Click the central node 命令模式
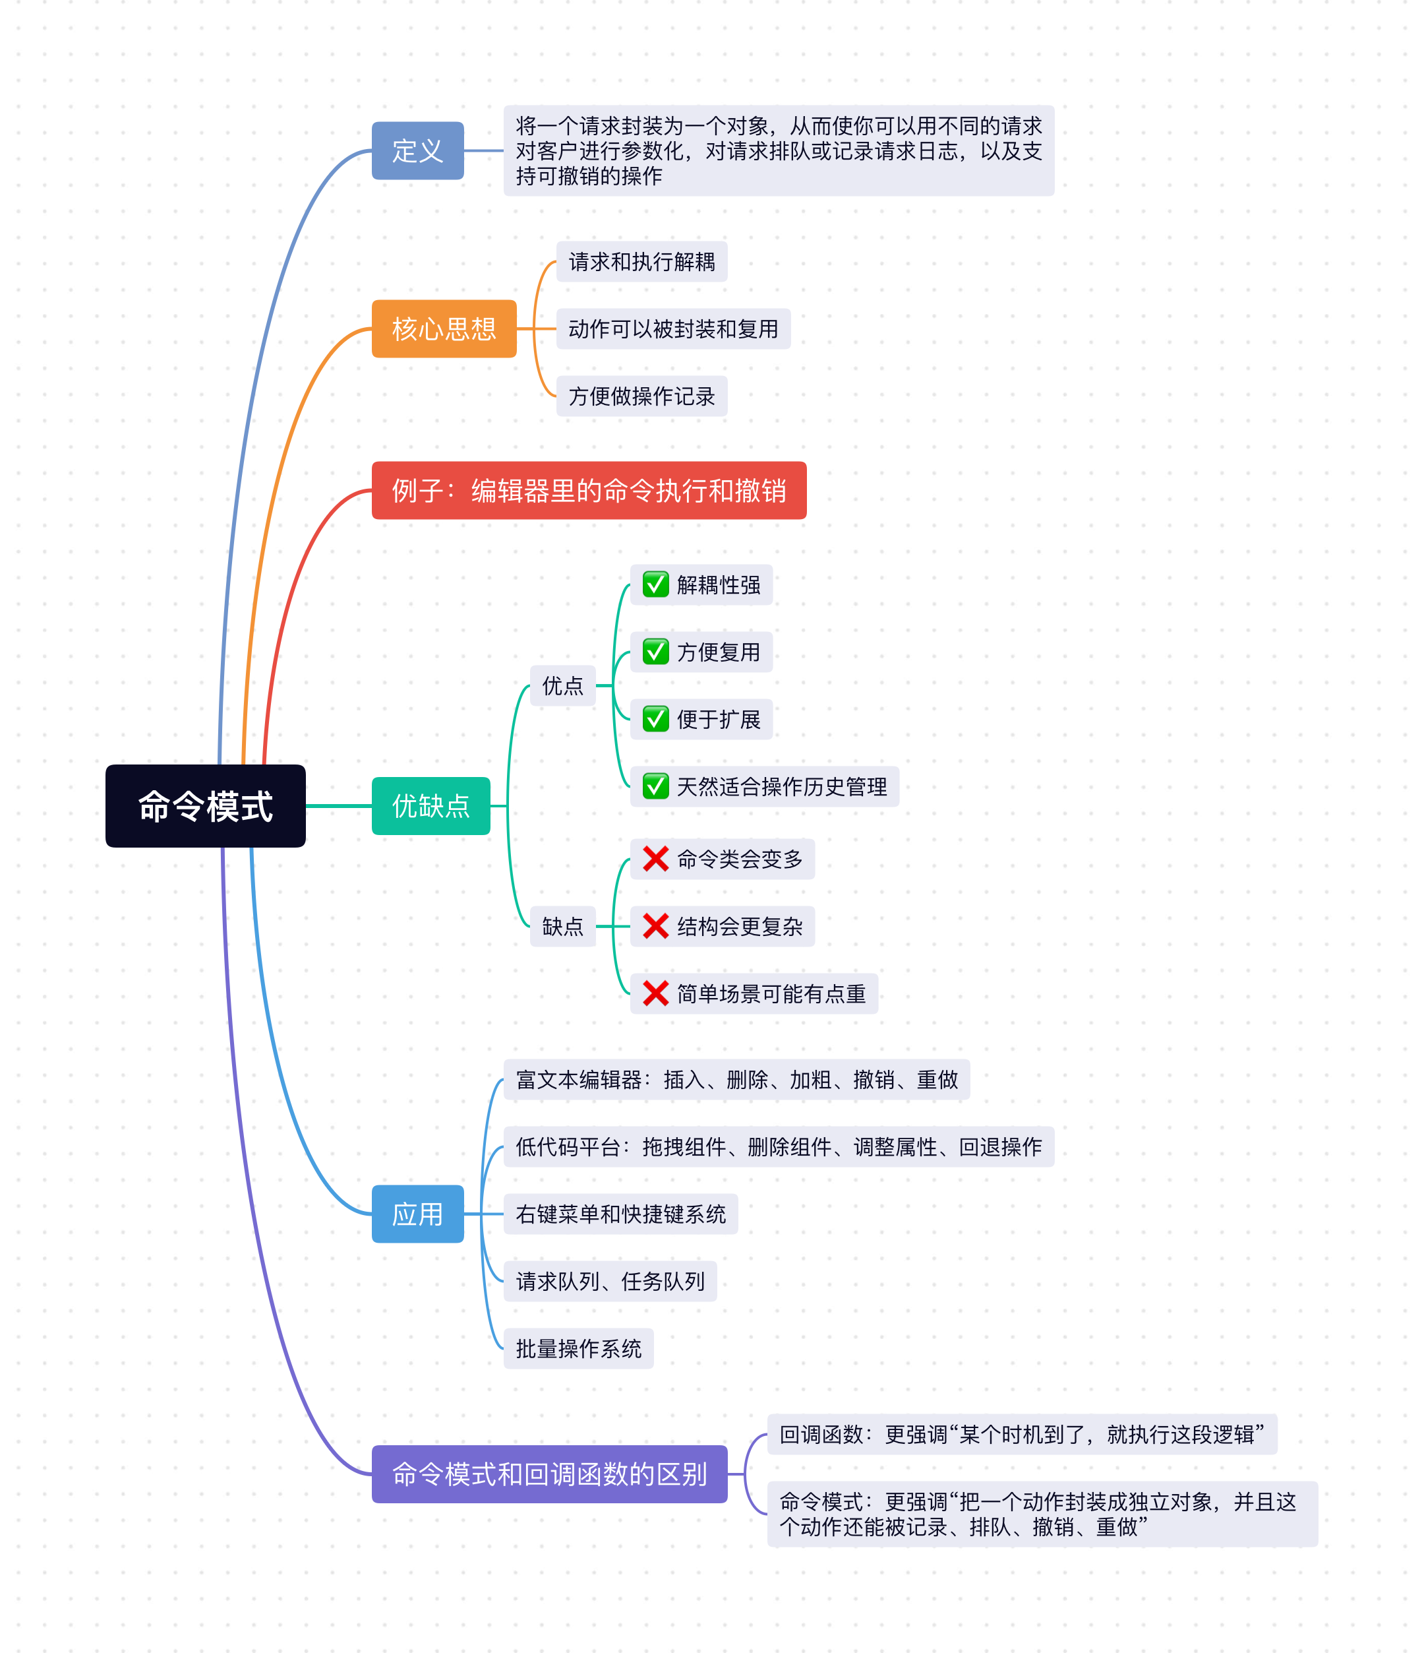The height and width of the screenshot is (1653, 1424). [x=205, y=806]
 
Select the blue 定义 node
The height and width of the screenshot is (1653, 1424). [x=417, y=151]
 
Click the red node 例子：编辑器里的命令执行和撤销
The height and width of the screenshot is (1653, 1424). [x=589, y=491]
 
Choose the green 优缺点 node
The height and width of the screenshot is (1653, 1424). [x=430, y=806]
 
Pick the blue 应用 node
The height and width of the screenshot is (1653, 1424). [x=417, y=1214]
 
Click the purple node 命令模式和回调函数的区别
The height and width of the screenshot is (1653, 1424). [x=549, y=1474]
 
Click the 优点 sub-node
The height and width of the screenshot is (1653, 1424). [x=562, y=685]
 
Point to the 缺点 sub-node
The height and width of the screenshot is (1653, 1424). [x=562, y=926]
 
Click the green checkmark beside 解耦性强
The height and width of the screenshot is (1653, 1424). [x=655, y=585]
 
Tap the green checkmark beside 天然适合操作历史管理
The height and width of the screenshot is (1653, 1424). [x=655, y=787]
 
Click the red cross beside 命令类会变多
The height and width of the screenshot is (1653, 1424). [x=655, y=859]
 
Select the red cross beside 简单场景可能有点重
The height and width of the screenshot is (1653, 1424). [x=655, y=993]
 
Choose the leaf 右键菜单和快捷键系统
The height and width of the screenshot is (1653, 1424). [x=620, y=1214]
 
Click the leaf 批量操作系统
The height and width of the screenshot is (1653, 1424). [x=578, y=1348]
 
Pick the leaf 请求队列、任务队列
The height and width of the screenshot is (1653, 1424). [x=610, y=1281]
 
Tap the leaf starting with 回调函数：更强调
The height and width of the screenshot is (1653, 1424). [x=1021, y=1435]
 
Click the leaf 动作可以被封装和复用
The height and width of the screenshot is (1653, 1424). [x=673, y=328]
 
